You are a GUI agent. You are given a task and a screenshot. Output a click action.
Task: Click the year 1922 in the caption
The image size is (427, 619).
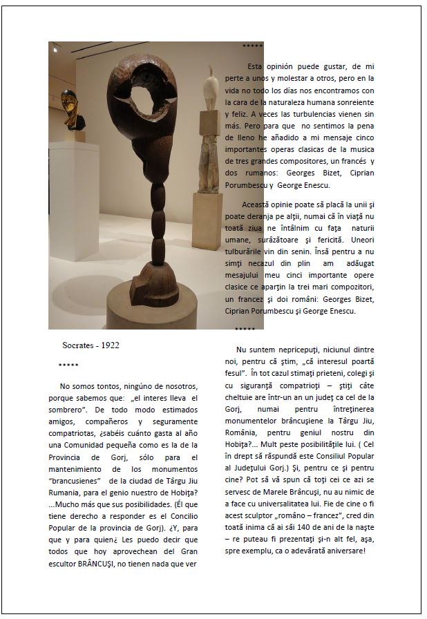click(110, 345)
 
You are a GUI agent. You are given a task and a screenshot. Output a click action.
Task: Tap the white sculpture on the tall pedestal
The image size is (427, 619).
click(209, 89)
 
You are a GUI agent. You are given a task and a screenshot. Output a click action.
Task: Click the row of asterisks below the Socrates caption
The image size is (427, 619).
click(68, 365)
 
